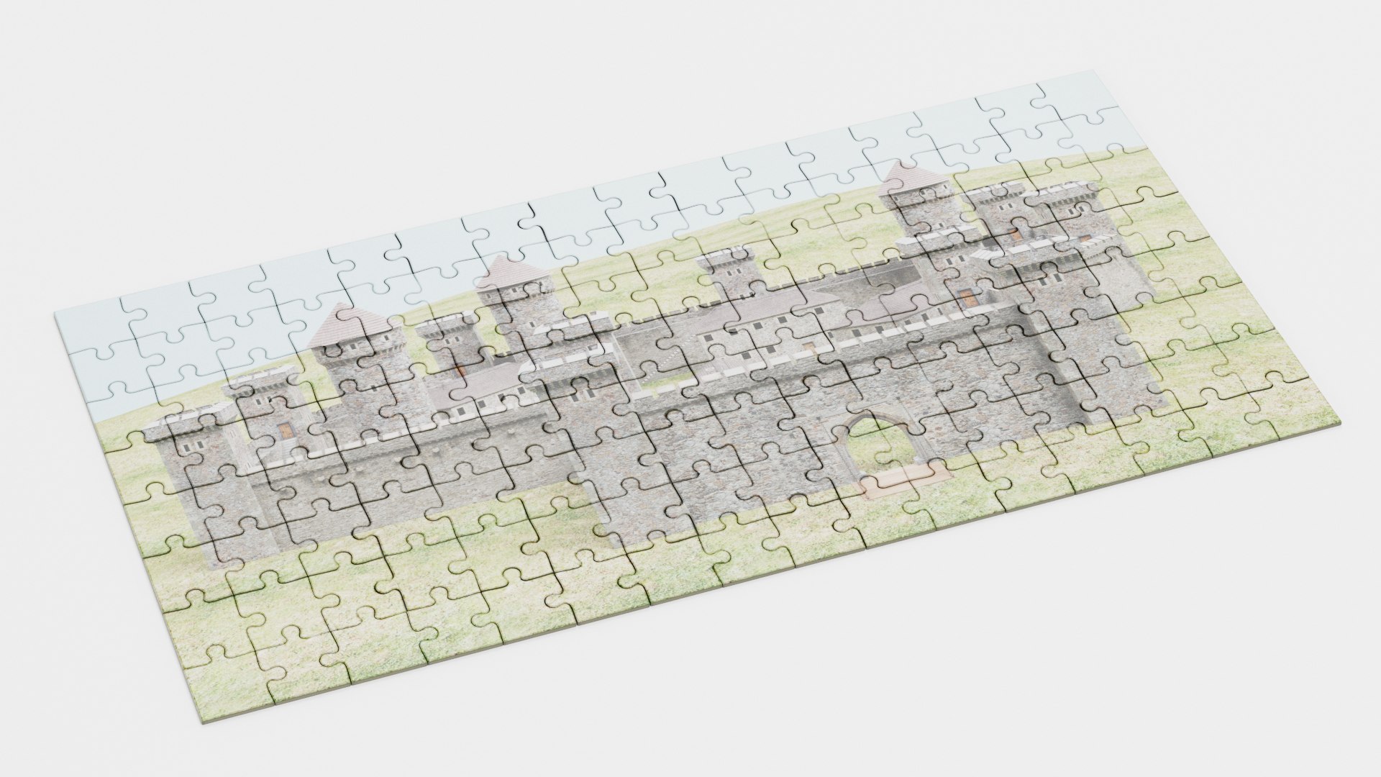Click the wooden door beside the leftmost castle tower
pyautogui.click(x=286, y=430)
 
